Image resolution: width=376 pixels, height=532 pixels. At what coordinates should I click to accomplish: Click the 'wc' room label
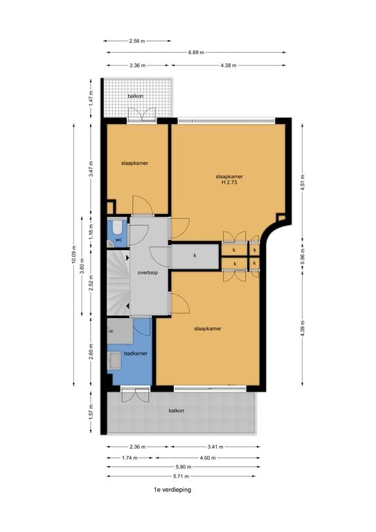[x=118, y=240]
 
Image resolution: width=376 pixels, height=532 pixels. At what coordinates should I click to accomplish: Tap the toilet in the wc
[x=117, y=227]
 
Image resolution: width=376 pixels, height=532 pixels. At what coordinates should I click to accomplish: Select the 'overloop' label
[x=147, y=273]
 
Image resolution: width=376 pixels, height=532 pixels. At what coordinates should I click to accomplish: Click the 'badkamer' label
[x=134, y=354]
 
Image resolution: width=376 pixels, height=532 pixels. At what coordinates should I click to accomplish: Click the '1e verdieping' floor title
[x=172, y=489]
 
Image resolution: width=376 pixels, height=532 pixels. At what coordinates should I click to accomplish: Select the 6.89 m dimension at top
[x=195, y=52]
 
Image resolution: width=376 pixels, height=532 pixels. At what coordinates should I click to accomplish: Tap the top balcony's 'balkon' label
[x=136, y=96]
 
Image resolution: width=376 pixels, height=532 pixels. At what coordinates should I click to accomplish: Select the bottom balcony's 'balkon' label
[x=177, y=411]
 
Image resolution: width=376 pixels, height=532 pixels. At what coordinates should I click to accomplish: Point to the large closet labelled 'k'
[x=195, y=256]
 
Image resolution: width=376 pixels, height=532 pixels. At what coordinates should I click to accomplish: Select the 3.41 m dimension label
[x=215, y=447]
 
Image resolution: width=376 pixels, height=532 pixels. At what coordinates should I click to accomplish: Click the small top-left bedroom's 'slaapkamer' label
[x=136, y=163]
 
